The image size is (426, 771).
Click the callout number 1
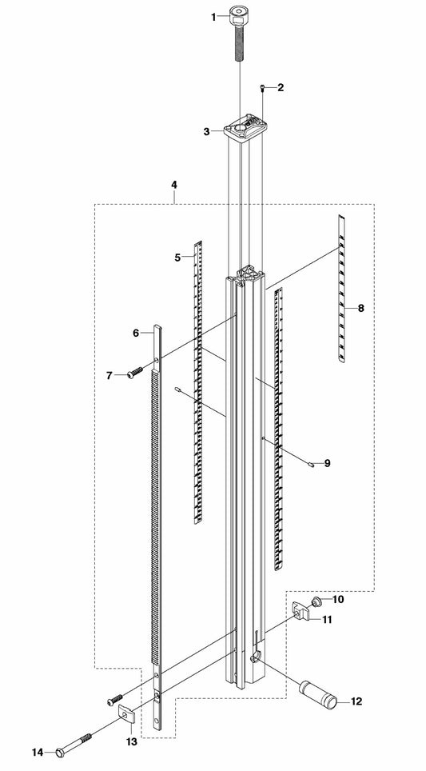tap(213, 18)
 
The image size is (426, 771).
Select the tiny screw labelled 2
tap(264, 87)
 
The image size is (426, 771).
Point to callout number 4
tap(174, 185)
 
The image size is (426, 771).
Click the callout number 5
tap(178, 257)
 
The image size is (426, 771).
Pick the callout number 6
tap(136, 333)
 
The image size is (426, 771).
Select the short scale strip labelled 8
tap(341, 288)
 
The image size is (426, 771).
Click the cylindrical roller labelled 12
tap(318, 693)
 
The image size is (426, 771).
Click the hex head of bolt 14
tap(61, 752)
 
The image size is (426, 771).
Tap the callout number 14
tap(38, 753)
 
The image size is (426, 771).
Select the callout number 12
tap(356, 701)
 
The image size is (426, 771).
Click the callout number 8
tap(361, 308)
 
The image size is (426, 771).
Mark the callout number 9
tap(327, 463)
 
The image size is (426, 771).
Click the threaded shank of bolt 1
tap(240, 43)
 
